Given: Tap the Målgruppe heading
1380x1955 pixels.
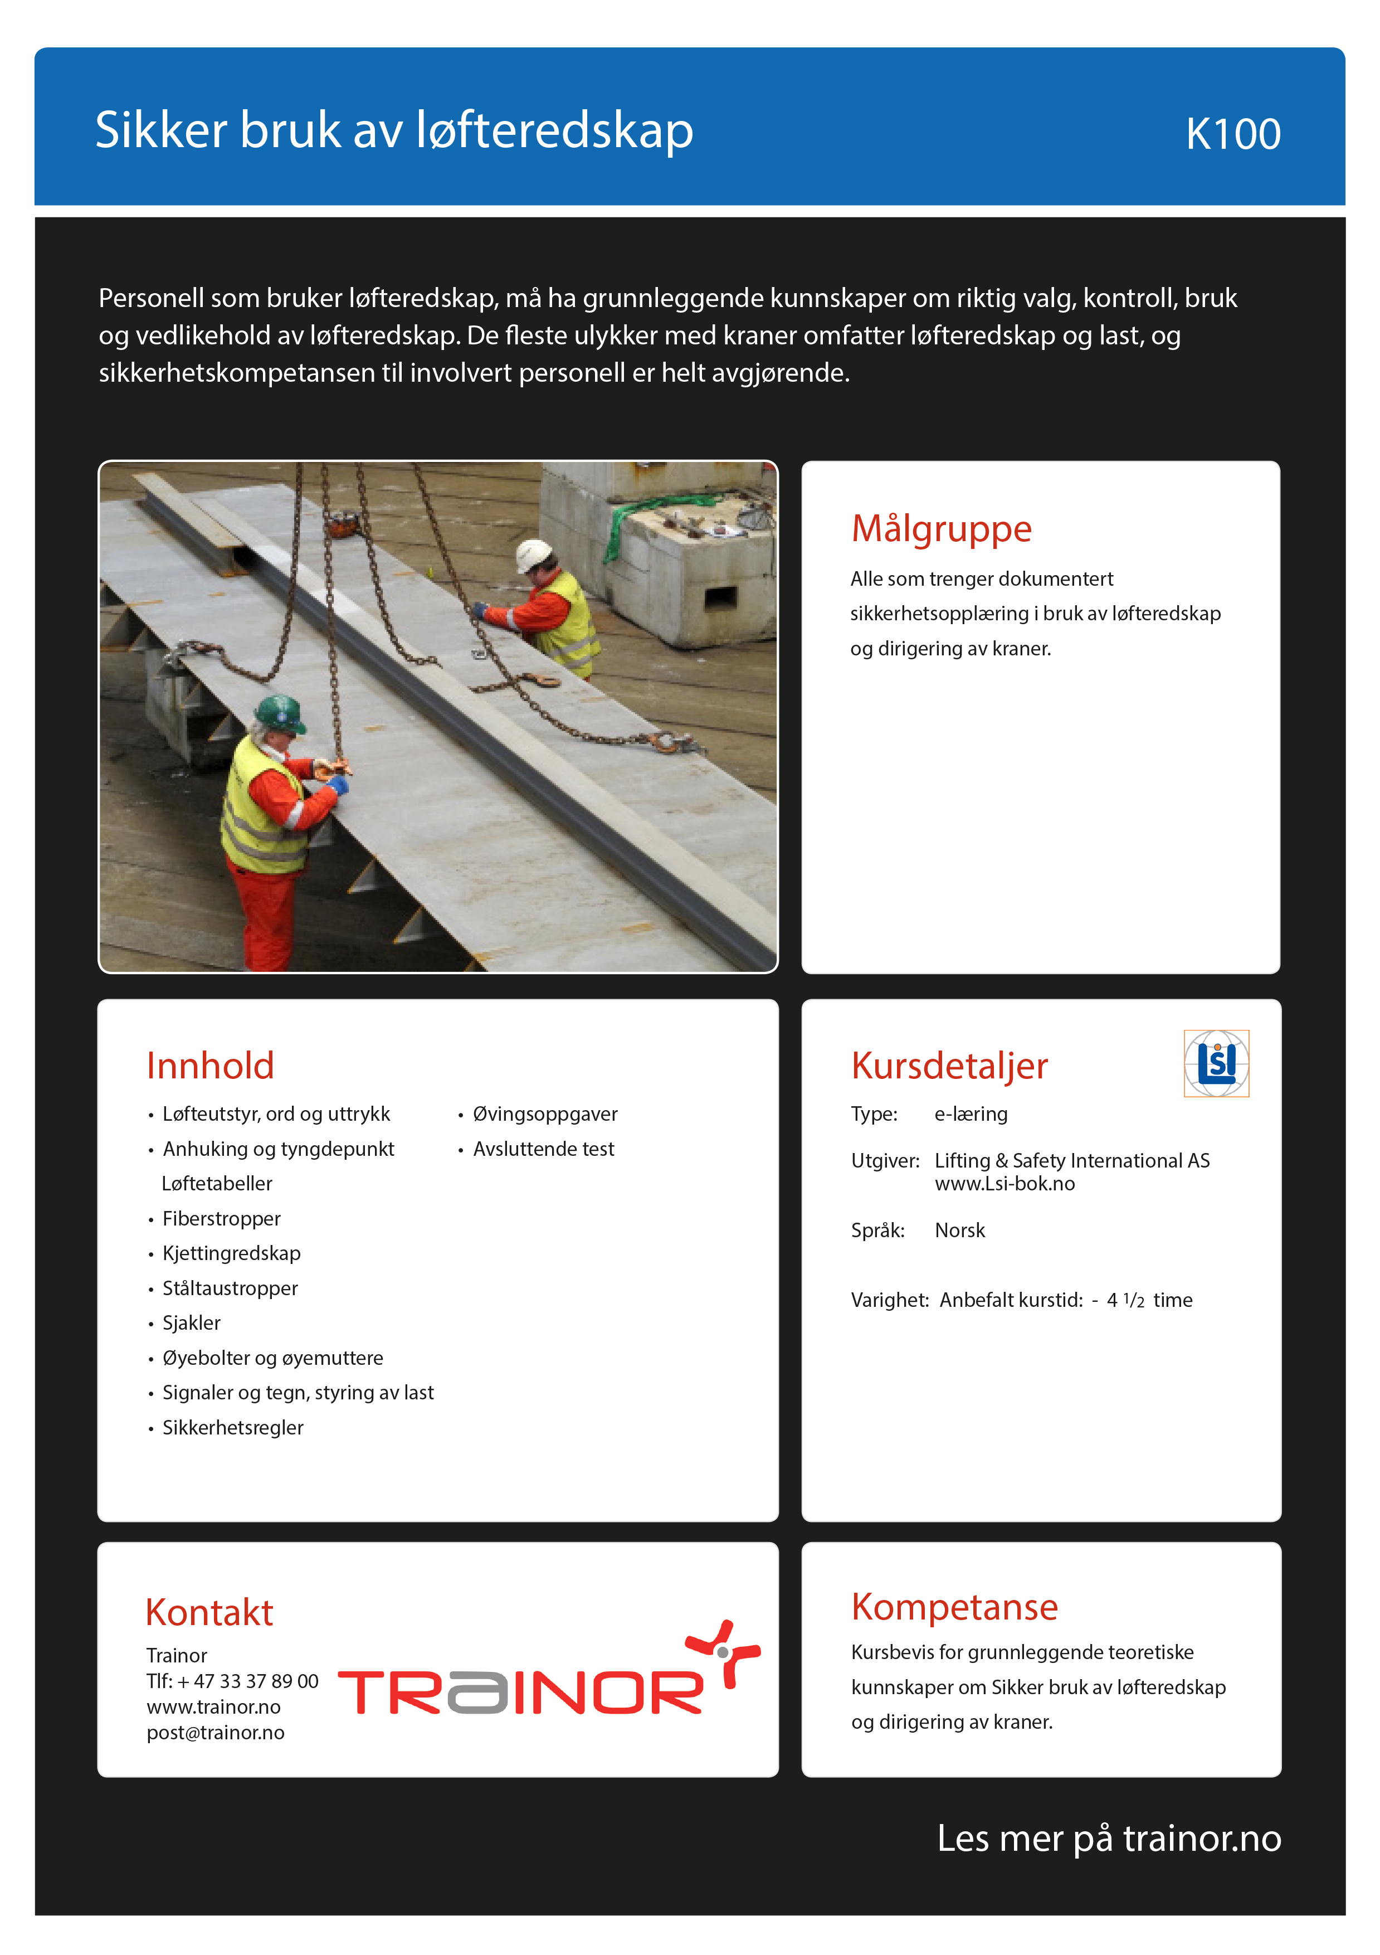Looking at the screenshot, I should pyautogui.click(x=941, y=529).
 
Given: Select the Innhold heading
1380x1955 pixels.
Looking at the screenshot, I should pyautogui.click(x=210, y=1066).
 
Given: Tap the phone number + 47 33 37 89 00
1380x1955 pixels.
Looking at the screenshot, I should pyautogui.click(x=248, y=1681).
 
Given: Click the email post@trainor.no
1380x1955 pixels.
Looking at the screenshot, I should pyautogui.click(x=216, y=1732).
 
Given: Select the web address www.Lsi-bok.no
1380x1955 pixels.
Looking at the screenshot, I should pyautogui.click(x=1004, y=1184).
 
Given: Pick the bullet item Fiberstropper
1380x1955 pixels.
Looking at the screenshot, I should pyautogui.click(x=221, y=1218).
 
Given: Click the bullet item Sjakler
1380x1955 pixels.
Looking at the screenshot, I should pyautogui.click(x=192, y=1322).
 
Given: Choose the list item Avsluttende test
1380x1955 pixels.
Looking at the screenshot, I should pyautogui.click(x=543, y=1149).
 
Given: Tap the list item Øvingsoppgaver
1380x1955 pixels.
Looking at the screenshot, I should pyautogui.click(x=545, y=1113).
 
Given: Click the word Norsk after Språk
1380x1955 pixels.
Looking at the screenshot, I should pyautogui.click(x=959, y=1231).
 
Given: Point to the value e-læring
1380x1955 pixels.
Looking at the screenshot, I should pyautogui.click(x=971, y=1113).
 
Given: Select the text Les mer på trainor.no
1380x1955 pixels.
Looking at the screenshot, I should pyautogui.click(x=1109, y=1839).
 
